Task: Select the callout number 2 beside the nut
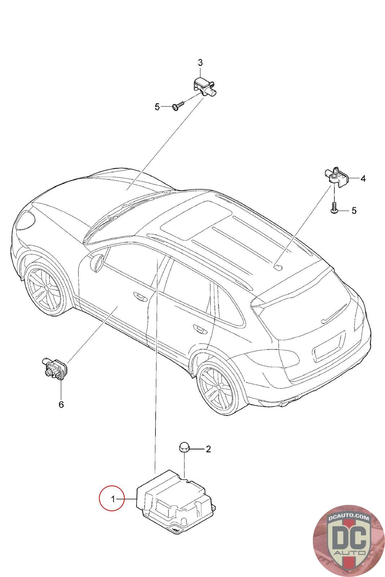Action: (208, 449)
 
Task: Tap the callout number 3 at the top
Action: (200, 62)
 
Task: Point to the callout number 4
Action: (363, 178)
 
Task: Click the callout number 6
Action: (61, 404)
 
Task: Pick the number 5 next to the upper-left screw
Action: (157, 107)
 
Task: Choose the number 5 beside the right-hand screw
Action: (354, 210)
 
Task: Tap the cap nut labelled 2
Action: (183, 448)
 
